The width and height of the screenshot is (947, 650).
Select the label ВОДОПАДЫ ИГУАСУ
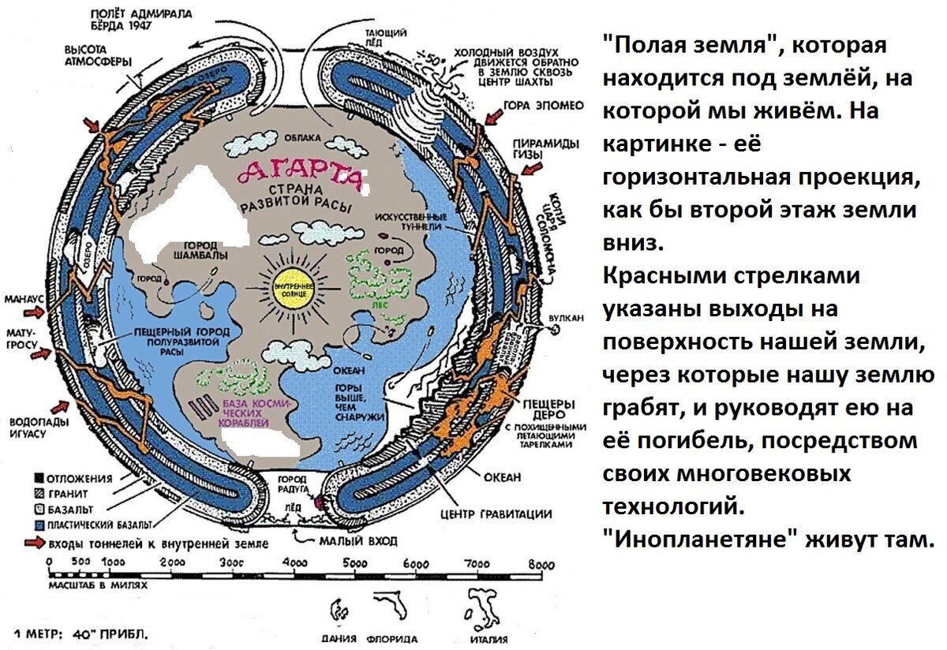coord(38,428)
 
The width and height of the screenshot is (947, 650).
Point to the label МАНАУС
coord(24,301)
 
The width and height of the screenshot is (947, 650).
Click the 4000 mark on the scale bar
coord(294,563)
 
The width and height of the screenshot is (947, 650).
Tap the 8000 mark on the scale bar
coord(540,563)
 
